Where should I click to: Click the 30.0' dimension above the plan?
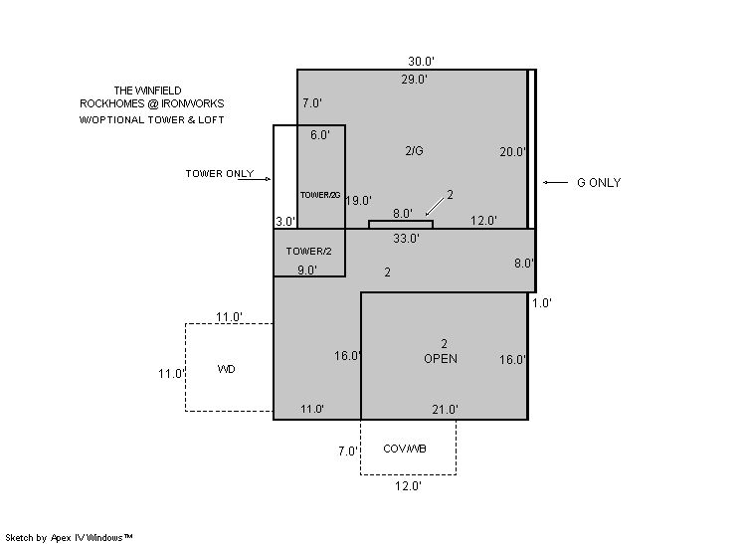pyautogui.click(x=421, y=61)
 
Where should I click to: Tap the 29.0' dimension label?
pyautogui.click(x=415, y=80)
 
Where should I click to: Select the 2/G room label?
pyautogui.click(x=414, y=151)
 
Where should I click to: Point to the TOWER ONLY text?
pyautogui.click(x=220, y=174)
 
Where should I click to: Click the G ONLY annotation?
pyautogui.click(x=599, y=183)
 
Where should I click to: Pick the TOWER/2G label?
pyautogui.click(x=320, y=195)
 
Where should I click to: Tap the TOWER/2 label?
pyautogui.click(x=308, y=252)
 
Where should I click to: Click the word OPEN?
pyautogui.click(x=441, y=359)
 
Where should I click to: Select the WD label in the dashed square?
pyautogui.click(x=226, y=369)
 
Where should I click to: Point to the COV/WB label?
pyautogui.click(x=405, y=449)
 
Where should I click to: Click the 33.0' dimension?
pyautogui.click(x=406, y=239)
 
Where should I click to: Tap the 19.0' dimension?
pyautogui.click(x=358, y=201)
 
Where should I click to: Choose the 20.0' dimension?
pyautogui.click(x=513, y=152)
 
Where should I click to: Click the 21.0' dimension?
pyautogui.click(x=446, y=409)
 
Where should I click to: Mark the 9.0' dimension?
pyautogui.click(x=307, y=271)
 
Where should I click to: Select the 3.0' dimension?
pyautogui.click(x=285, y=222)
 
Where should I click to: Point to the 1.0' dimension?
pyautogui.click(x=542, y=303)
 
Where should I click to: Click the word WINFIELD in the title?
pyautogui.click(x=157, y=91)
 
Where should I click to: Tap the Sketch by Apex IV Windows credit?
pyautogui.click(x=69, y=538)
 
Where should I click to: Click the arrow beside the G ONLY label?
pyautogui.click(x=555, y=183)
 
